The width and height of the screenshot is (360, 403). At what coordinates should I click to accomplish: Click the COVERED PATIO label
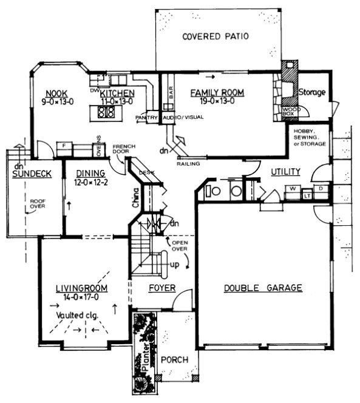pyautogui.click(x=216, y=36)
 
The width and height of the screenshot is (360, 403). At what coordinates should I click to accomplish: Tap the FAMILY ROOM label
pyautogui.click(x=217, y=92)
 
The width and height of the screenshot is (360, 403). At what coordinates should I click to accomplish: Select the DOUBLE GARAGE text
pyautogui.click(x=262, y=288)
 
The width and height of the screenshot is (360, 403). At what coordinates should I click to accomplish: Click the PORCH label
pyautogui.click(x=174, y=360)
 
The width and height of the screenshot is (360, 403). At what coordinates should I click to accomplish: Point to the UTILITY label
pyautogui.click(x=286, y=173)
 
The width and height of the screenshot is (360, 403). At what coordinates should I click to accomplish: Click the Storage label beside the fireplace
pyautogui.click(x=313, y=92)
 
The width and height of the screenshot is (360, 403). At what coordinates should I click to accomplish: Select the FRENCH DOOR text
pyautogui.click(x=123, y=148)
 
